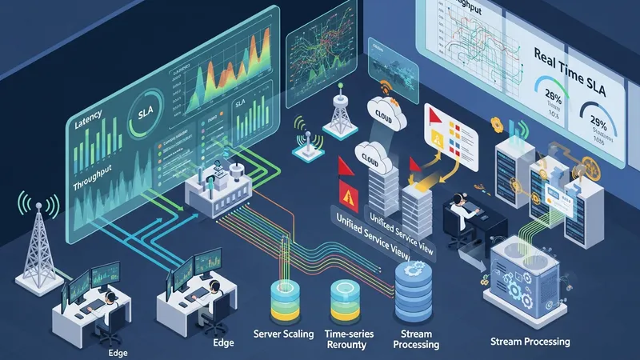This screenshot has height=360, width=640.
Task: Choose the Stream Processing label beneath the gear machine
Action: click(x=530, y=342)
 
